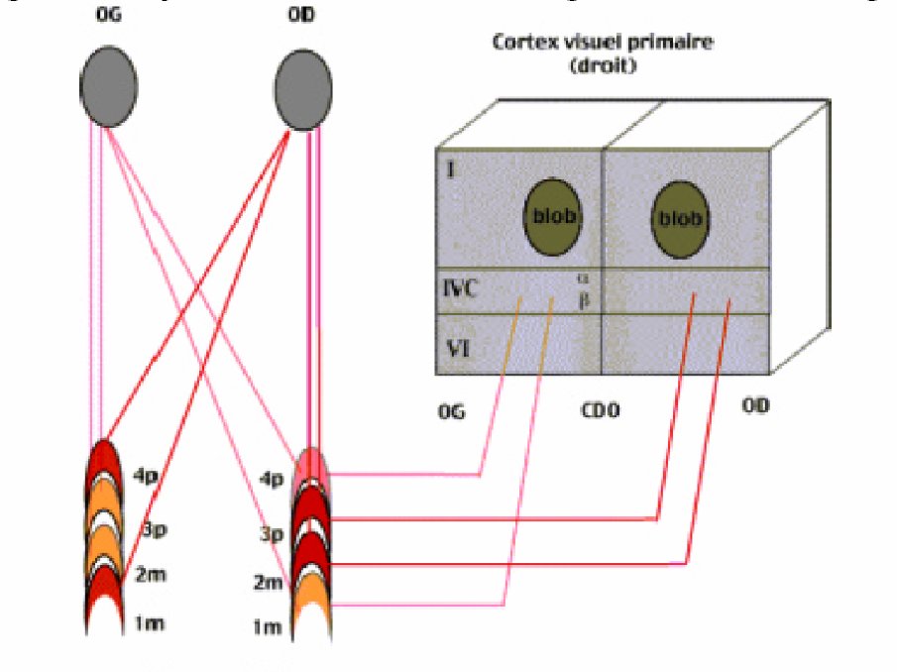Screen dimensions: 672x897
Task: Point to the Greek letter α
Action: tap(584, 280)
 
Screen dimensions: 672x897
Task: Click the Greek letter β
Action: tap(584, 297)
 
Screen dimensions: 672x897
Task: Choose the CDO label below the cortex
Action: tap(601, 409)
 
